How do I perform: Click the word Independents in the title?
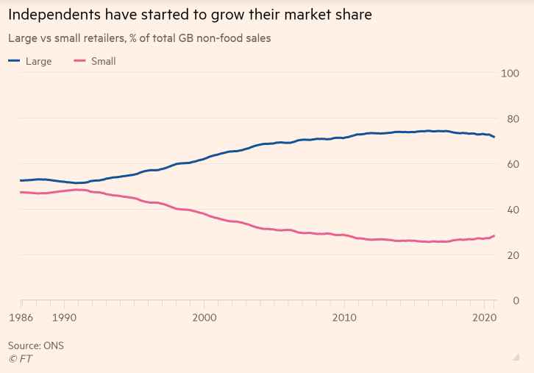click(54, 15)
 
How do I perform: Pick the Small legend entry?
click(94, 61)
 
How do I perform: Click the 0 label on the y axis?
click(515, 301)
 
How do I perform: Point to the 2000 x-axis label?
click(204, 317)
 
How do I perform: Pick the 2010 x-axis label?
click(344, 317)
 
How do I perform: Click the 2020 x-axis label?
click(483, 317)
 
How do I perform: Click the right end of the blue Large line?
click(494, 137)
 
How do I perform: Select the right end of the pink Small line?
click(494, 235)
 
